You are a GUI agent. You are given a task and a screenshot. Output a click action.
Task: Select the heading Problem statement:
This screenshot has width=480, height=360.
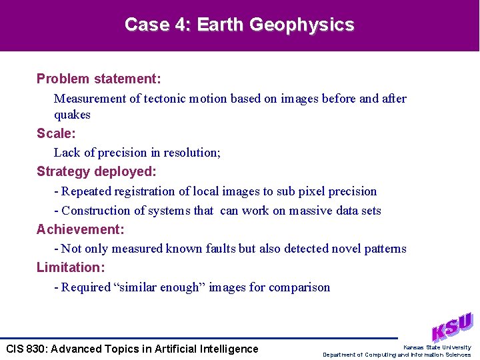pyautogui.click(x=99, y=79)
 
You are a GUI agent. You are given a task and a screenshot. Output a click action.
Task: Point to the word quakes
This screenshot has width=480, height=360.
pyautogui.click(x=72, y=115)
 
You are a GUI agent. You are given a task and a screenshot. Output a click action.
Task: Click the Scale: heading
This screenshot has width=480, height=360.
pyautogui.click(x=56, y=133)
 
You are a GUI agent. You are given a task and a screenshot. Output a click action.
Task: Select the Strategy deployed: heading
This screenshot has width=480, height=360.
pyautogui.click(x=97, y=171)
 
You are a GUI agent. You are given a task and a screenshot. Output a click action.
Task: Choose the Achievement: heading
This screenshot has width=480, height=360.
pyautogui.click(x=80, y=229)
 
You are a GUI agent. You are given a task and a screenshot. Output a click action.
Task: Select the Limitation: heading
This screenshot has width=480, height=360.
pyautogui.click(x=71, y=267)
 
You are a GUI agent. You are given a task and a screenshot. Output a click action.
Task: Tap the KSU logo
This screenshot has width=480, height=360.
pyautogui.click(x=451, y=327)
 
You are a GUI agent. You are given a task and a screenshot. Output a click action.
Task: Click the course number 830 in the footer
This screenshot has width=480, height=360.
pyautogui.click(x=35, y=349)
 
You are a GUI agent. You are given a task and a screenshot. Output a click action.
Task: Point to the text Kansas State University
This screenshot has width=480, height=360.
pyautogui.click(x=437, y=347)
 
